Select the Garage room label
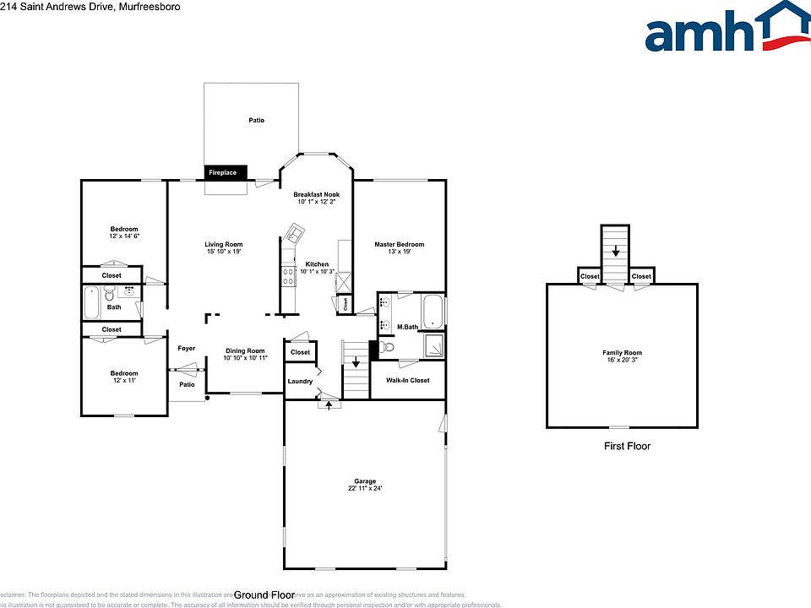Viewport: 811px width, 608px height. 365,485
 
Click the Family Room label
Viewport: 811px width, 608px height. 622,356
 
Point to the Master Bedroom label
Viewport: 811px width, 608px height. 399,248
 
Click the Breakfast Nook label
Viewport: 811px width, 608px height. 318,198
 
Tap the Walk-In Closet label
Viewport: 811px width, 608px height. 408,380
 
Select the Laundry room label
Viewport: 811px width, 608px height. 300,381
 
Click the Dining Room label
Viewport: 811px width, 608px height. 244,354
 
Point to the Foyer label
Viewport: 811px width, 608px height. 186,348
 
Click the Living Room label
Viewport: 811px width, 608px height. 224,247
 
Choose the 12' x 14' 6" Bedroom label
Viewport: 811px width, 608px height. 123,232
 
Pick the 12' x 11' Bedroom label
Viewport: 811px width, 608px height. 123,377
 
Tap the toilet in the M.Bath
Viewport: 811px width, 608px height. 387,346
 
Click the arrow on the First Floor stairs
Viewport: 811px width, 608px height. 616,251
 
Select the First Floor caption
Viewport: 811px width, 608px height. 627,446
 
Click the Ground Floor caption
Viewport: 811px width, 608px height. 262,594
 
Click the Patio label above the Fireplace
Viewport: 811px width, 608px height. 256,121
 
